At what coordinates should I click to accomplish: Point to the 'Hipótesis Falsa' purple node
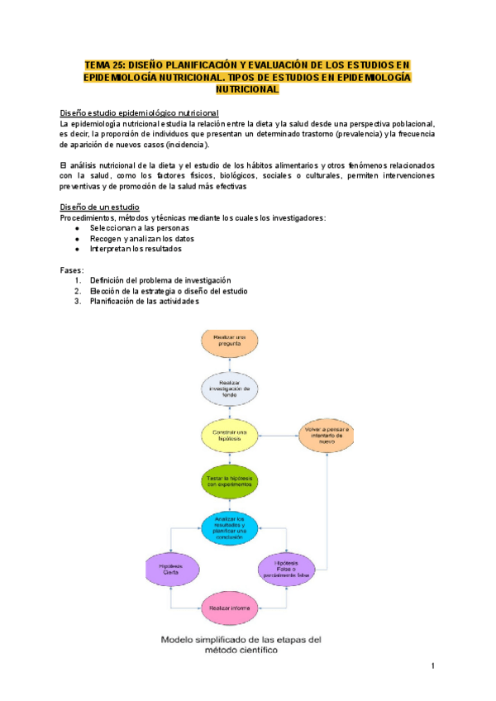tap(287, 569)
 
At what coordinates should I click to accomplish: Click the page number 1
tap(432, 666)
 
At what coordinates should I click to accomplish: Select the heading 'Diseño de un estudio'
tap(100, 207)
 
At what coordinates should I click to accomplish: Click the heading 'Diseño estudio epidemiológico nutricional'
tap(139, 112)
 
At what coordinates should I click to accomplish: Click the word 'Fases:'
tap(72, 269)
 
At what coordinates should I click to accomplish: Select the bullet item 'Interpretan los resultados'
tap(136, 249)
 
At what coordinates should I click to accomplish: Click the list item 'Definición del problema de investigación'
tap(160, 280)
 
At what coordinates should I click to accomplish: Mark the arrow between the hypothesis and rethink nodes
tap(278, 435)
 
